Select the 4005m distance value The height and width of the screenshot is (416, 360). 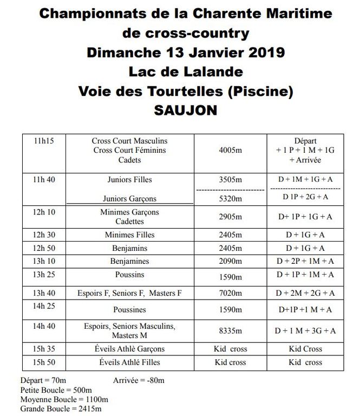(230, 151)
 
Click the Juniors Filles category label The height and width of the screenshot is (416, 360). (130, 180)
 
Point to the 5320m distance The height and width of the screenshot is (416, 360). (230, 199)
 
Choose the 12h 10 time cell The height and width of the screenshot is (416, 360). (43, 212)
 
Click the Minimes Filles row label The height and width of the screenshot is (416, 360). (130, 235)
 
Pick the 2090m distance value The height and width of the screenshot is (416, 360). (230, 262)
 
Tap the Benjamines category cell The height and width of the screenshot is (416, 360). (130, 262)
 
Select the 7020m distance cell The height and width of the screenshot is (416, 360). (230, 294)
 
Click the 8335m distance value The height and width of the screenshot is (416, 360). (230, 331)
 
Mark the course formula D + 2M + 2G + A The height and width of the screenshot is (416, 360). (305, 294)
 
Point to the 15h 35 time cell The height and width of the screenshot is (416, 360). (43, 349)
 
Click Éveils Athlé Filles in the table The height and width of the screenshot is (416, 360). (130, 362)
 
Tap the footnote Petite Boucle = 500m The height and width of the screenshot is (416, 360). (56, 390)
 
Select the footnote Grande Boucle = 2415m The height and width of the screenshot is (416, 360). (60, 409)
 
